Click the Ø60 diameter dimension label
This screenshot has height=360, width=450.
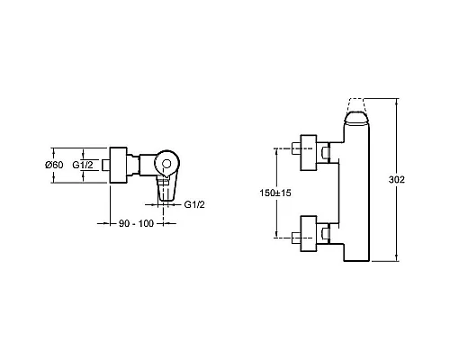54,165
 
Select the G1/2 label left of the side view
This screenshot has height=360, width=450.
83,165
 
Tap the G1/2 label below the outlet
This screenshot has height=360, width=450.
194,204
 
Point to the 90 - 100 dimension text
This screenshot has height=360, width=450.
136,223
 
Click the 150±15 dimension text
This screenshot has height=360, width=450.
275,193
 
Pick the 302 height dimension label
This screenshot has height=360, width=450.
397,179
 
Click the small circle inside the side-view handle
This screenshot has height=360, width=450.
166,164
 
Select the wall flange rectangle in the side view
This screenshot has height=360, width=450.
119,165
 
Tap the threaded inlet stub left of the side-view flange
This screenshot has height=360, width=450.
106,165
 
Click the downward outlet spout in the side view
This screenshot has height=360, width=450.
166,190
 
